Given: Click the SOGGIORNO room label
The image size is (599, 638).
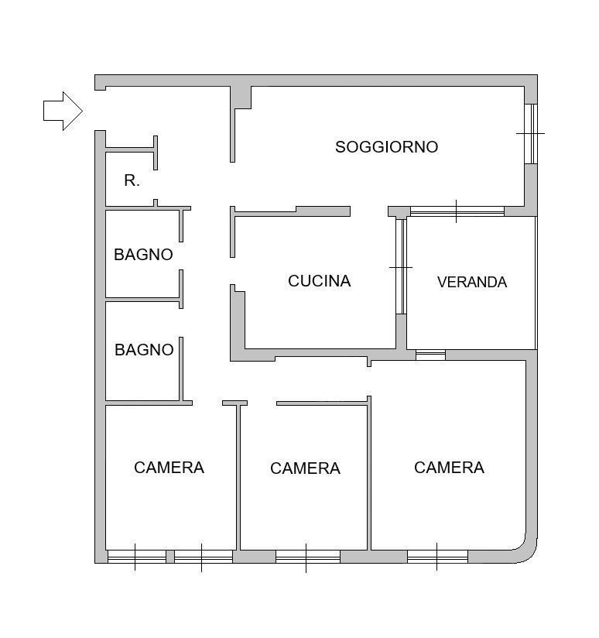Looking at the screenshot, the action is pyautogui.click(x=386, y=147).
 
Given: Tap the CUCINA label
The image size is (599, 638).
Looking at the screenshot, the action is pyautogui.click(x=319, y=281).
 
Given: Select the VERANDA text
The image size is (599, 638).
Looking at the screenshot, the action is pyautogui.click(x=472, y=282).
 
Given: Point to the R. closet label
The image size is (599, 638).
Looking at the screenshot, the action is pyautogui.click(x=132, y=180).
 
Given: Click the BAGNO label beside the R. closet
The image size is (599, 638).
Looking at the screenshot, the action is pyautogui.click(x=143, y=255).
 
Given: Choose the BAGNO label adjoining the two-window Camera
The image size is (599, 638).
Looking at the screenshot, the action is pyautogui.click(x=145, y=350).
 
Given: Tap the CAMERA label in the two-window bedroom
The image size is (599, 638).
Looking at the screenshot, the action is pyautogui.click(x=169, y=468).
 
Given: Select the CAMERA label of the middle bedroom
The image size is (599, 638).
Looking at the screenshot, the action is pyautogui.click(x=306, y=468).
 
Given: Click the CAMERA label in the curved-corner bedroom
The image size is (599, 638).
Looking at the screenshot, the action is pyautogui.click(x=450, y=468).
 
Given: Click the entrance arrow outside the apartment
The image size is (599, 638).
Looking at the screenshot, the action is pyautogui.click(x=63, y=111).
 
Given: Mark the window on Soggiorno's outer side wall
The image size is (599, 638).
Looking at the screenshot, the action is pyautogui.click(x=531, y=134).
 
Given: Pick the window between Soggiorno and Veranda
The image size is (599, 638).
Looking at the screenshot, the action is pyautogui.click(x=457, y=211).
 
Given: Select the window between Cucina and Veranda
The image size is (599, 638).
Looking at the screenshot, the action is pyautogui.click(x=401, y=266).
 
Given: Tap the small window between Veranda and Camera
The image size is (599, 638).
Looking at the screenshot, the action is pyautogui.click(x=430, y=355).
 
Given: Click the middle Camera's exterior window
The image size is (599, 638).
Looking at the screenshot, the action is pyautogui.click(x=308, y=557).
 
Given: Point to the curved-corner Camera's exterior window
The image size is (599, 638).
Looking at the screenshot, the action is pyautogui.click(x=437, y=557).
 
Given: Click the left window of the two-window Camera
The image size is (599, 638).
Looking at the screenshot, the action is pyautogui.click(x=137, y=557).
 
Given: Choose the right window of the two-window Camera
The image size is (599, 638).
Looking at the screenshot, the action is pyautogui.click(x=204, y=557).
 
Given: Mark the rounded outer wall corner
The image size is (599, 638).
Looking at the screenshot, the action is pyautogui.click(x=526, y=554).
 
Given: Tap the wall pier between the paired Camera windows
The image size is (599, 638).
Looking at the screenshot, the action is pyautogui.click(x=170, y=557).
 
